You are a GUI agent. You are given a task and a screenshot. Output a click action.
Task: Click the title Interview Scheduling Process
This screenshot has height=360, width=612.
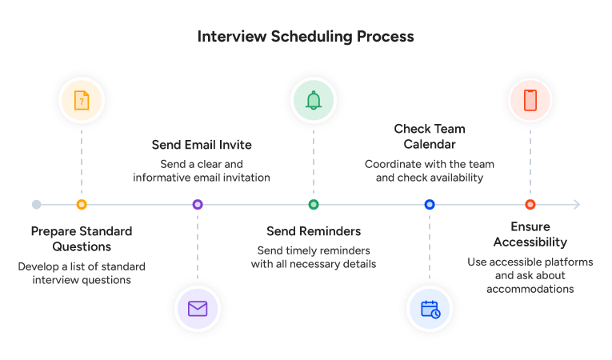point(306,37)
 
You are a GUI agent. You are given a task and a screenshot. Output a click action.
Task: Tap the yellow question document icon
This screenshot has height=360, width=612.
point(81,100)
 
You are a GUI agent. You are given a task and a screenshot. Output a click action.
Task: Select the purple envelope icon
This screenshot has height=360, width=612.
point(198,309)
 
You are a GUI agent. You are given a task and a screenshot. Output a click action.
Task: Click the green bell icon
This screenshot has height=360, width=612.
point(313,100)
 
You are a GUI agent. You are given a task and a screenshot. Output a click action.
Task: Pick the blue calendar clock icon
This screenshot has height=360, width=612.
point(430,309)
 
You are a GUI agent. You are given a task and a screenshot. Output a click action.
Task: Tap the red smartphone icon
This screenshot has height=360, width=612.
point(530,100)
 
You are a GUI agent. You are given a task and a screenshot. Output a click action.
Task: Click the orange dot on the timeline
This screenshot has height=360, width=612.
point(81,205)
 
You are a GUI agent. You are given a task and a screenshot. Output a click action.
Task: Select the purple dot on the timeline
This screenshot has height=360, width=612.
point(198,205)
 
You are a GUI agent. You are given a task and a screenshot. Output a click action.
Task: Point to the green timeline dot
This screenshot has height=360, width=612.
point(313,205)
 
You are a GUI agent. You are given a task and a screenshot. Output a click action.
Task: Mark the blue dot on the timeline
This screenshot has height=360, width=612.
point(430,205)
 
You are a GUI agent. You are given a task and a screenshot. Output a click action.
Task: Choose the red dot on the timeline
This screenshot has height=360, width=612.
point(530,205)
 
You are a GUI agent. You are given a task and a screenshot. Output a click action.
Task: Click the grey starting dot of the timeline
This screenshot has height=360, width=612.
point(37,205)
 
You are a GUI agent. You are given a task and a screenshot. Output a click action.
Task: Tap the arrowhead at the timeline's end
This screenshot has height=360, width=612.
point(576,205)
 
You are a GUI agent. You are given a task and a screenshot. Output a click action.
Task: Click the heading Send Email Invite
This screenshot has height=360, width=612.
point(202,145)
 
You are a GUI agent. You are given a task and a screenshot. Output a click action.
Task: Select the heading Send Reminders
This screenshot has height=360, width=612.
point(313,232)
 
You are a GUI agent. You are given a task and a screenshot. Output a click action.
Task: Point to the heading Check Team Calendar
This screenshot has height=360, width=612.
point(430,137)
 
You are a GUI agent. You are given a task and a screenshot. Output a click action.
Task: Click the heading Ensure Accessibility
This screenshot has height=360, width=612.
point(530,234)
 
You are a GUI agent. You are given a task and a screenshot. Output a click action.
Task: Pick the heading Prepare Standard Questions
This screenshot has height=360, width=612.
point(81,239)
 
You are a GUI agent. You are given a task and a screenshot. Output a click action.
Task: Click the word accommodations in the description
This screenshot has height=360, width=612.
point(530,289)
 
